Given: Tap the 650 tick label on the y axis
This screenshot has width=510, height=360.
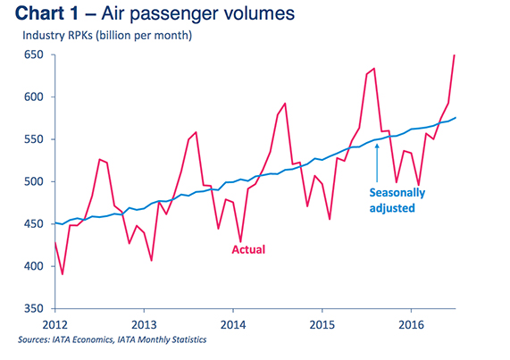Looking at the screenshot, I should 35,55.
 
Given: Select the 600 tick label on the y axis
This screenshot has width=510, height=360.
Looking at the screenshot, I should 35,97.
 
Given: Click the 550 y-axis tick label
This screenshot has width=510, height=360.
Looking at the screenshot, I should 35,140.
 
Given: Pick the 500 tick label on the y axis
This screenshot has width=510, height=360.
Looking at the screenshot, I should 35,182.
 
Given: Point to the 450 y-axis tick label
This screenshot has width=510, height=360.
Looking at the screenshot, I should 35,224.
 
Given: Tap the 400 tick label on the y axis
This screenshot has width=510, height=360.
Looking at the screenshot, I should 35,267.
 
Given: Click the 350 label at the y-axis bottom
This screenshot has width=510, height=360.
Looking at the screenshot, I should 35,309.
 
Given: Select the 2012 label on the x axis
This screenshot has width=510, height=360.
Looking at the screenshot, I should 55,322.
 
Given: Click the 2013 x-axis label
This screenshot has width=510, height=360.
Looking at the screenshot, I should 145,322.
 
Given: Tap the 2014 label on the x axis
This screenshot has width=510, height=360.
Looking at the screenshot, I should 233,322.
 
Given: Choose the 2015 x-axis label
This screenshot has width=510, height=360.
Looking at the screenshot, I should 322,322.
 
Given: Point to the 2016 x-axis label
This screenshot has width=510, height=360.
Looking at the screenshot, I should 410,322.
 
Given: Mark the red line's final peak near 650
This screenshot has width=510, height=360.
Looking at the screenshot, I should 455,55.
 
